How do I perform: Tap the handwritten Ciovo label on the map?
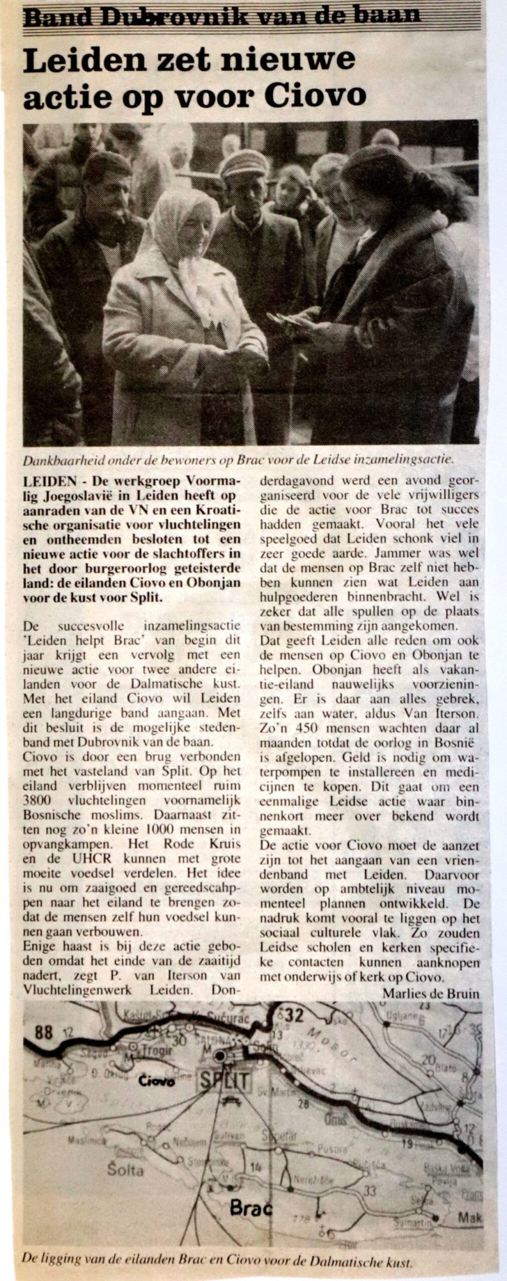[156, 1081]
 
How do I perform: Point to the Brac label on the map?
[251, 1209]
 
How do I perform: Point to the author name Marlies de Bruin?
[431, 992]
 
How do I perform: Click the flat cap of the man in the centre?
[243, 163]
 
